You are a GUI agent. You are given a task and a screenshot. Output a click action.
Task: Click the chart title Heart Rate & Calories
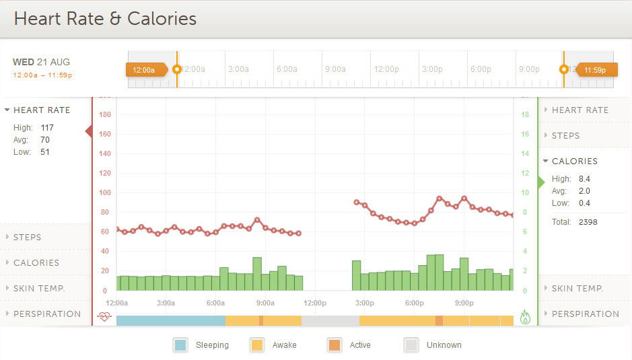tap(105, 19)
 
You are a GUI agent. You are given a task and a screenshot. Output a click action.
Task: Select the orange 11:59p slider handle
tap(594, 69)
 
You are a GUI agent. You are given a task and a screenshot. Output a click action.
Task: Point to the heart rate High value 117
tap(47, 127)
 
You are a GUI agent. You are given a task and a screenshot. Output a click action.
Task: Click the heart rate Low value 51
tap(45, 152)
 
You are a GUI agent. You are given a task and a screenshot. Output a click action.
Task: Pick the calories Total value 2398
tap(588, 221)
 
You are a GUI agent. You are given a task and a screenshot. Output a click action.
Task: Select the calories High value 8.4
tap(584, 178)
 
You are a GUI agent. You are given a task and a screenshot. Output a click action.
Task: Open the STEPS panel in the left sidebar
tap(28, 237)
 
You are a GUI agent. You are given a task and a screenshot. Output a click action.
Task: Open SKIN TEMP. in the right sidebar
tap(577, 288)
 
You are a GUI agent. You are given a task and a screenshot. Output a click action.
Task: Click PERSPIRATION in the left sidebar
tap(47, 314)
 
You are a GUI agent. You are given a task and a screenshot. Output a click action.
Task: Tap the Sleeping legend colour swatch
tap(180, 345)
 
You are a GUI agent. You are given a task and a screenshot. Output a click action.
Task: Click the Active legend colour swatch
tap(334, 345)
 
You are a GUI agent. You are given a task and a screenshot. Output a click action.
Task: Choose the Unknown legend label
tap(444, 345)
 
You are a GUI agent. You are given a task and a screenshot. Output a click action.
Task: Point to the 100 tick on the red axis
tap(104, 192)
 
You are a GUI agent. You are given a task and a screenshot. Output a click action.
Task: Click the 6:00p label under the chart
tap(414, 303)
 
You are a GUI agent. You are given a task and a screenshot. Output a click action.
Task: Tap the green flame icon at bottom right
tap(526, 317)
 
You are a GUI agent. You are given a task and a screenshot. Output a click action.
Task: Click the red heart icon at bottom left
tap(104, 316)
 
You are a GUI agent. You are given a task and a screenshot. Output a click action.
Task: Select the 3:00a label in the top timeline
tap(238, 69)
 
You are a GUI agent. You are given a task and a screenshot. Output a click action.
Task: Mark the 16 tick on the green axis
tap(525, 134)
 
